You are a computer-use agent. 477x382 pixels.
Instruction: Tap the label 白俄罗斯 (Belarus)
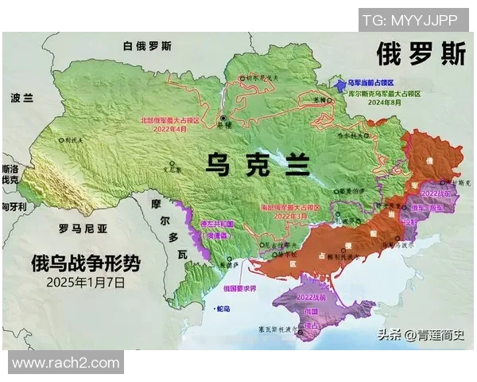click(147, 46)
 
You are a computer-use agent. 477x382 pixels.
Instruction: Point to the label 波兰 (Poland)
click(21, 98)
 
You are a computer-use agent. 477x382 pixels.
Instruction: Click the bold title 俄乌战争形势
click(83, 263)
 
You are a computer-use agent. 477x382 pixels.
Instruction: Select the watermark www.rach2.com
click(65, 362)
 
